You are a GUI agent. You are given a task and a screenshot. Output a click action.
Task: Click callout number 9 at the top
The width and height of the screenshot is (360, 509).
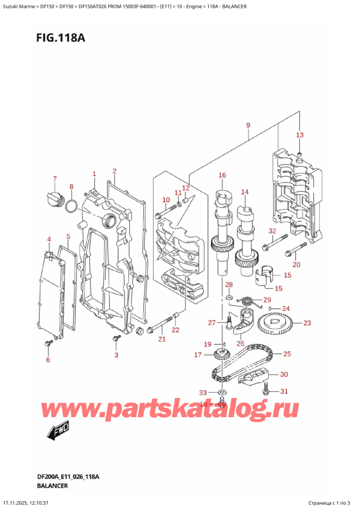tap(247, 125)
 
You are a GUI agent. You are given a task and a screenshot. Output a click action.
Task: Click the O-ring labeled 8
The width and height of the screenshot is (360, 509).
tap(71, 207)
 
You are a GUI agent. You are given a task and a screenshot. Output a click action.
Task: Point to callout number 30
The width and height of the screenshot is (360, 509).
tap(284, 375)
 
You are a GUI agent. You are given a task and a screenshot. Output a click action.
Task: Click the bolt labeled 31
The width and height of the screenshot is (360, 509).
tap(266, 390)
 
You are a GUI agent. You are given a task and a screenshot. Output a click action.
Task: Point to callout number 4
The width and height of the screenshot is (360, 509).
tap(49, 239)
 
